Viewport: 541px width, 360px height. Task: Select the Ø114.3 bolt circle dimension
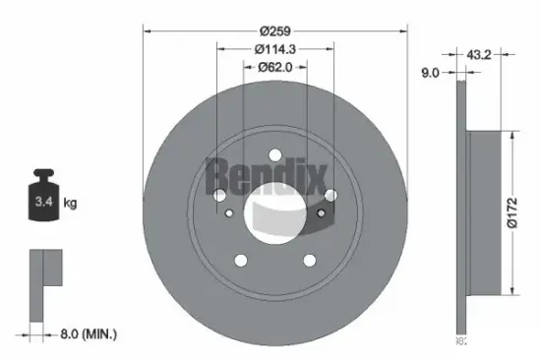(x=275, y=48)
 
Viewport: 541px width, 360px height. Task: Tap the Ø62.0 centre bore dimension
(x=275, y=68)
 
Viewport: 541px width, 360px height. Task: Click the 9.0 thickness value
(x=430, y=71)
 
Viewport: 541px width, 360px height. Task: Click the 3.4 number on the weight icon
(x=40, y=204)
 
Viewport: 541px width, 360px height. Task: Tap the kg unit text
(x=70, y=204)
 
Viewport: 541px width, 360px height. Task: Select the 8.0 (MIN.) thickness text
(x=86, y=335)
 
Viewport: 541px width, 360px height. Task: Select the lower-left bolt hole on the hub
(x=241, y=259)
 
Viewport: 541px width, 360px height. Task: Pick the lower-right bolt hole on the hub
(x=309, y=259)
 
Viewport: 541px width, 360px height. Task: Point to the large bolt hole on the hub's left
(x=218, y=196)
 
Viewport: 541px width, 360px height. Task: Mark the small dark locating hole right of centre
(x=322, y=212)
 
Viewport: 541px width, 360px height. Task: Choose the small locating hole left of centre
(x=229, y=211)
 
